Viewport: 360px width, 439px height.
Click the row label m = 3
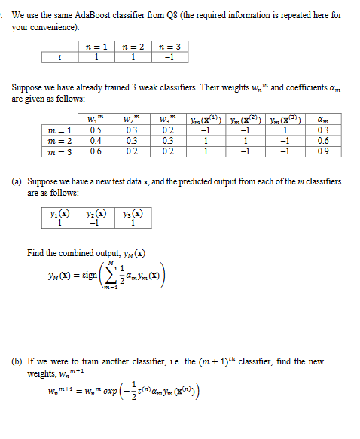[x=59, y=150]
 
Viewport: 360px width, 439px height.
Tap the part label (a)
[x=17, y=181]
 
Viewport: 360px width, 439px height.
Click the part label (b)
[x=17, y=361]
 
